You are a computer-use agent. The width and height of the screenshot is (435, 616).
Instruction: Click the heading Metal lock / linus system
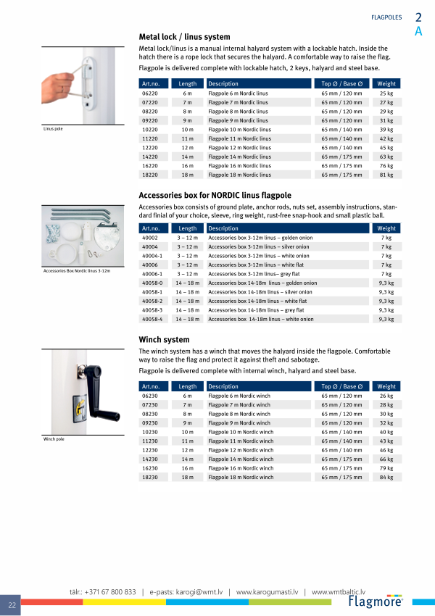coord(184,37)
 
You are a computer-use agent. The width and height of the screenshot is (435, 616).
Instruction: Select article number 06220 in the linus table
coord(150,93)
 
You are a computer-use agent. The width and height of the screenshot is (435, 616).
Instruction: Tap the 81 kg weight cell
coord(386,175)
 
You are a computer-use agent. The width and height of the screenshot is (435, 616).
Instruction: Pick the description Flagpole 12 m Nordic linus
coord(239,148)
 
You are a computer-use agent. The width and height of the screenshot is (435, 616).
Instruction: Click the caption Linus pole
coord(54,128)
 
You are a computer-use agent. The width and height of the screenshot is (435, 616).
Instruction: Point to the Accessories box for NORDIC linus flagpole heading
coord(215,196)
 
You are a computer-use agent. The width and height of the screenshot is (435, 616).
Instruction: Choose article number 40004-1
coord(153,256)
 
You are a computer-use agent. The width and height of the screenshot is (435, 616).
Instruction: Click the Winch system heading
coord(164,339)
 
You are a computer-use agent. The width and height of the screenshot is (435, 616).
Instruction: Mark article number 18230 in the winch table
coord(150,477)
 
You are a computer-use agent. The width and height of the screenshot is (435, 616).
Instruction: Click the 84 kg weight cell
coord(386,477)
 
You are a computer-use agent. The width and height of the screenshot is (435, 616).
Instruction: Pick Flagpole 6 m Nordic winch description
coord(240,396)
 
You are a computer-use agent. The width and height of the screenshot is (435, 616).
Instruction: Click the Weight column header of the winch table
coord(386,387)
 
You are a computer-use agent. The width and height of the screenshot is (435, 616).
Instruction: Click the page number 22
coord(12,605)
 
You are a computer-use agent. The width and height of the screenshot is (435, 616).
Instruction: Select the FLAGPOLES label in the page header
coord(386,17)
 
